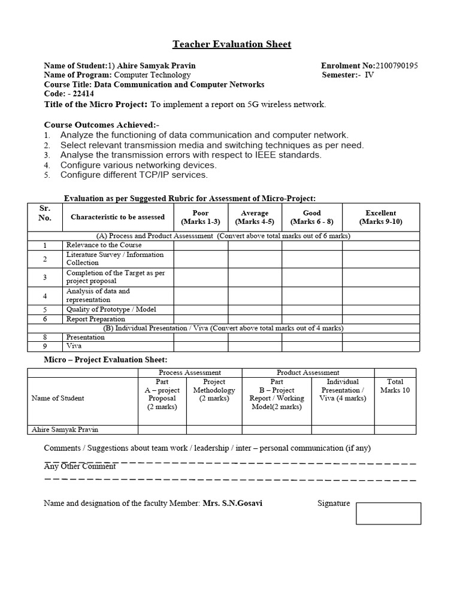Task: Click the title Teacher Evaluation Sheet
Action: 232,44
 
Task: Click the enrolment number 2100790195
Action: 396,65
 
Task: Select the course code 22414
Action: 72,94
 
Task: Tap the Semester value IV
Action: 369,75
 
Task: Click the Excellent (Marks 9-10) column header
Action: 380,217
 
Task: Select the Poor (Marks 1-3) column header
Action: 201,217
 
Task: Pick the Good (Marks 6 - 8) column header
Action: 311,217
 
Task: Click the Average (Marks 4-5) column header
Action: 255,217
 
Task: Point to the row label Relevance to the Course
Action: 104,245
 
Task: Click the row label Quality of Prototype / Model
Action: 111,310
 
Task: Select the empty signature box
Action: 388,513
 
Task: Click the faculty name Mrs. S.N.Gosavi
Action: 232,503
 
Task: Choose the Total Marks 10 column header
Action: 395,386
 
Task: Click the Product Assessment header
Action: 308,372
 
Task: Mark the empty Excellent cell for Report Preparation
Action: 380,319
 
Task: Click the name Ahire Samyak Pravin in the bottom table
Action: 64,429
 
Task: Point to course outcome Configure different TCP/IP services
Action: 134,175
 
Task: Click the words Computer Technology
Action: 152,75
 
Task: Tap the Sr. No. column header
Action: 45,213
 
